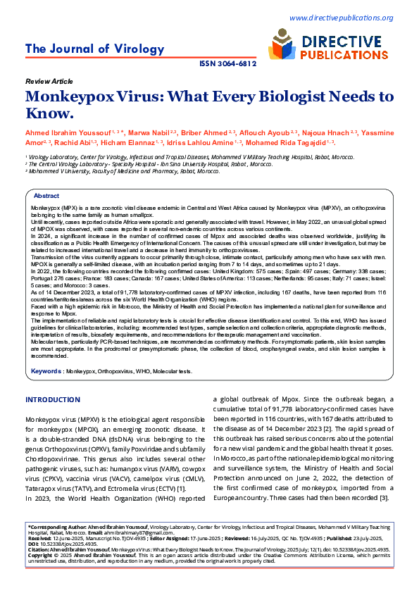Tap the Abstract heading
click(46, 196)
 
